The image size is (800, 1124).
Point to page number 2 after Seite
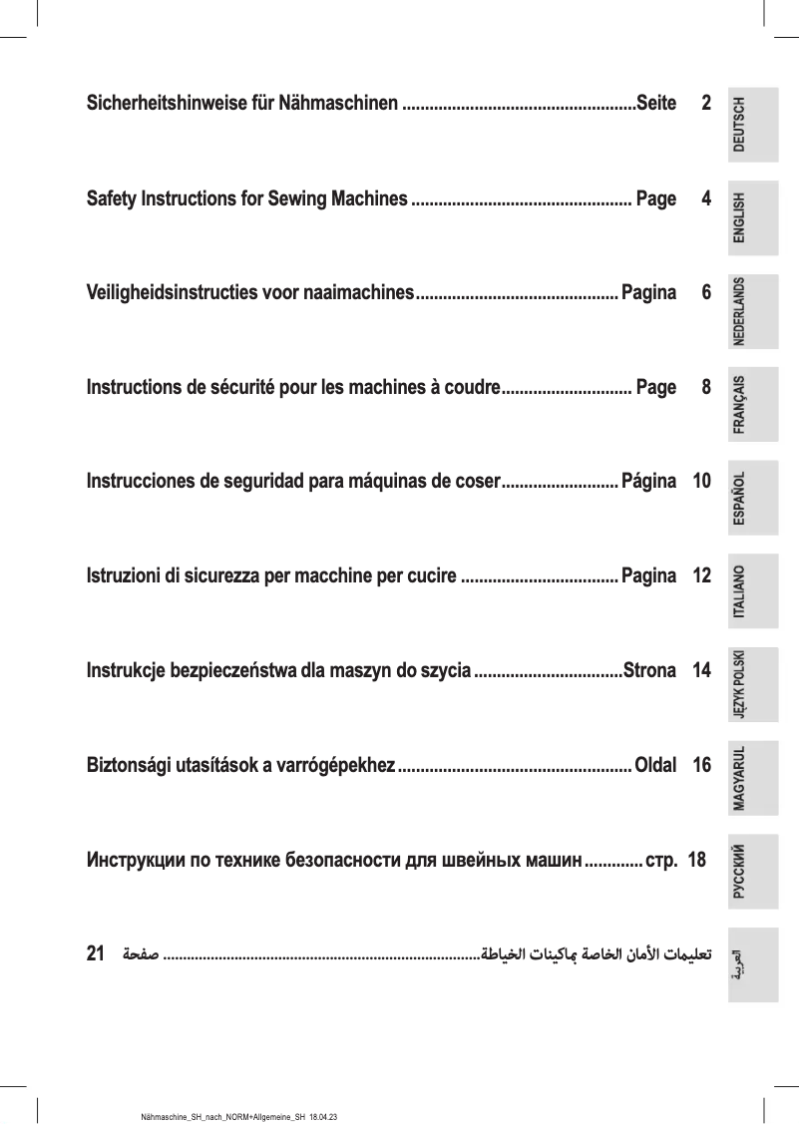pyautogui.click(x=706, y=103)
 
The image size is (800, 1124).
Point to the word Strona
pyautogui.click(x=648, y=669)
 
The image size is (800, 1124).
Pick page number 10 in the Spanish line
pyautogui.click(x=701, y=482)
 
